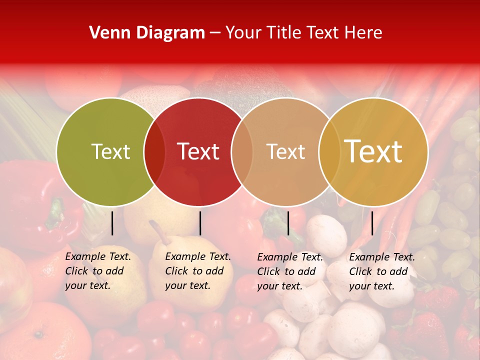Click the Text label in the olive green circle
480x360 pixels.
coord(110,151)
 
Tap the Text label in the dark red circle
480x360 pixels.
coord(198,151)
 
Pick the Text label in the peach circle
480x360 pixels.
coord(285,151)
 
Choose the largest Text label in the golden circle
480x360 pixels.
coord(373,151)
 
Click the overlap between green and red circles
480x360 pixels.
coord(154,151)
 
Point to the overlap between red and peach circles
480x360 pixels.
coord(242,151)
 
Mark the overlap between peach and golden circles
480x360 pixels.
coord(329,151)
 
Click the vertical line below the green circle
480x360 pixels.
coord(112,223)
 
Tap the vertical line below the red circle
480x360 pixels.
coord(200,223)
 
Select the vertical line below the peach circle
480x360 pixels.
coord(288,223)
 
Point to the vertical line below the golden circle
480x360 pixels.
coord(372,223)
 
